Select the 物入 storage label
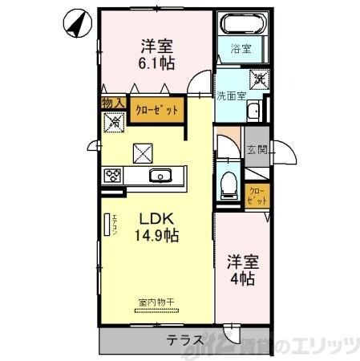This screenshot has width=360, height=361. point(112,102)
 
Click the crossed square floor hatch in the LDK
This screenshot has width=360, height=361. point(143,151)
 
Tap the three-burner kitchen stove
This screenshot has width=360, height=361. point(112,175)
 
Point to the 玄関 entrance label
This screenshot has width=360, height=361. point(256,149)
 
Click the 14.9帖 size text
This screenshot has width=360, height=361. point(156,236)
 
